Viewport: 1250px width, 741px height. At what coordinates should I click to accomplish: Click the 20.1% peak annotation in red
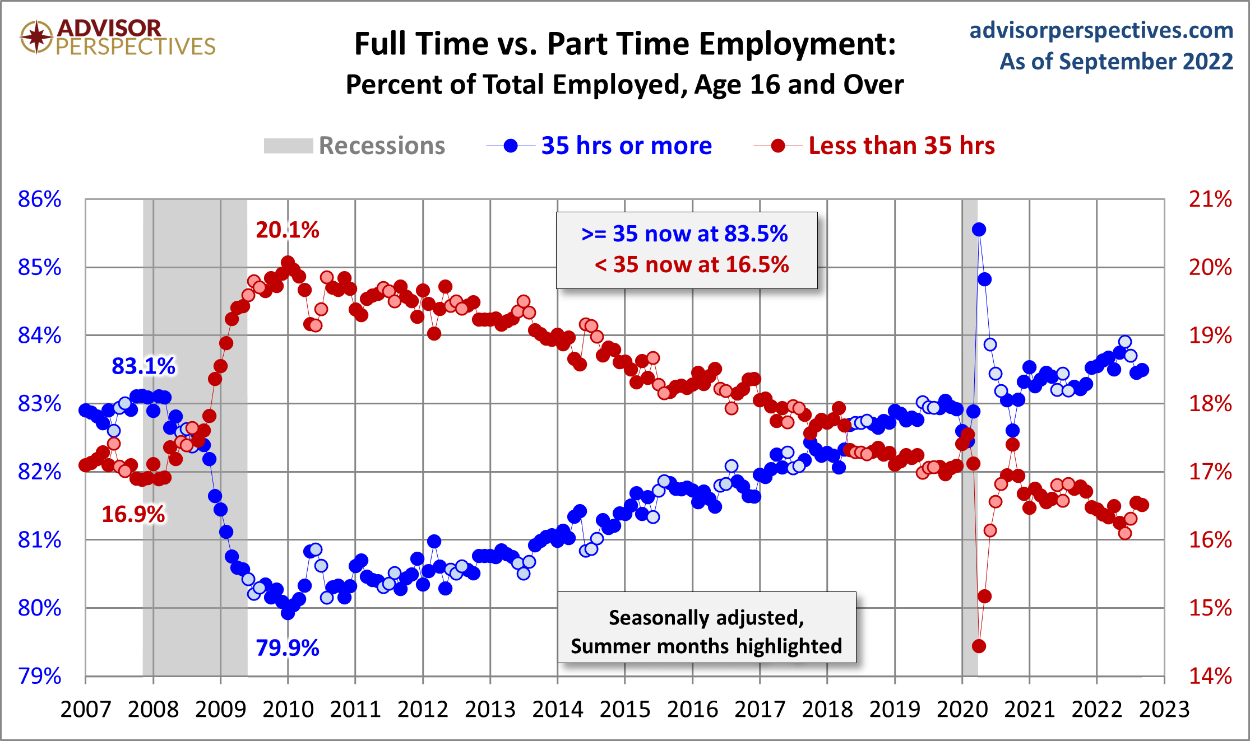pos(287,230)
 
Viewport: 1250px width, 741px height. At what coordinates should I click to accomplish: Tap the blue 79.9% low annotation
pos(287,648)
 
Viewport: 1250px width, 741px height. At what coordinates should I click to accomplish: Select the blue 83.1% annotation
pos(143,366)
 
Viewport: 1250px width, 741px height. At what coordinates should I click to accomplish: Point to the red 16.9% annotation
pos(133,514)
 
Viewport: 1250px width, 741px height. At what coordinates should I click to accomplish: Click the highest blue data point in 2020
pos(979,230)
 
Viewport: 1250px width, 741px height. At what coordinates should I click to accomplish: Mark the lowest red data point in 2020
pos(979,646)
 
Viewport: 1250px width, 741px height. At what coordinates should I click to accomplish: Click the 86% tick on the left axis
pos(39,199)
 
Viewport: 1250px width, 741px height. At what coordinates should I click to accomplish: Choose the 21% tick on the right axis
pos(1210,199)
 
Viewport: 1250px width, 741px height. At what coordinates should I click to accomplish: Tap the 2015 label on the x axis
pos(624,709)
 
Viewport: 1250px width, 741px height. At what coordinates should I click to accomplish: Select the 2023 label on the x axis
pos(1164,709)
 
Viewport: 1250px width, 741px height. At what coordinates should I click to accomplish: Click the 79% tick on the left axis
pos(39,677)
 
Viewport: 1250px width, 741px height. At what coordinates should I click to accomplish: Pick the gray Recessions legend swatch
pos(288,146)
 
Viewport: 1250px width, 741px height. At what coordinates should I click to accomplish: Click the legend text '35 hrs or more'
pos(626,146)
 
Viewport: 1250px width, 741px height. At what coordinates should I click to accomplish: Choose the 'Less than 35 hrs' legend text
pos(901,146)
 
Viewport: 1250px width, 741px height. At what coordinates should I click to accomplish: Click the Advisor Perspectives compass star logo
pos(36,37)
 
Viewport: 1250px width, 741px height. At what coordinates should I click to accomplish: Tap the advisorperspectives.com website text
pos(1101,30)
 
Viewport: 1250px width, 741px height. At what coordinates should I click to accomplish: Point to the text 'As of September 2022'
pos(1116,62)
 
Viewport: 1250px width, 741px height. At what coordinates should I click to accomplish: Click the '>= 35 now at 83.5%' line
pos(684,234)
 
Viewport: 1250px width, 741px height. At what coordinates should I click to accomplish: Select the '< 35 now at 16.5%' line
pos(691,265)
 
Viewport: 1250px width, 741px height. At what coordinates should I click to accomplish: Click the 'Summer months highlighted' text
pos(706,646)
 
